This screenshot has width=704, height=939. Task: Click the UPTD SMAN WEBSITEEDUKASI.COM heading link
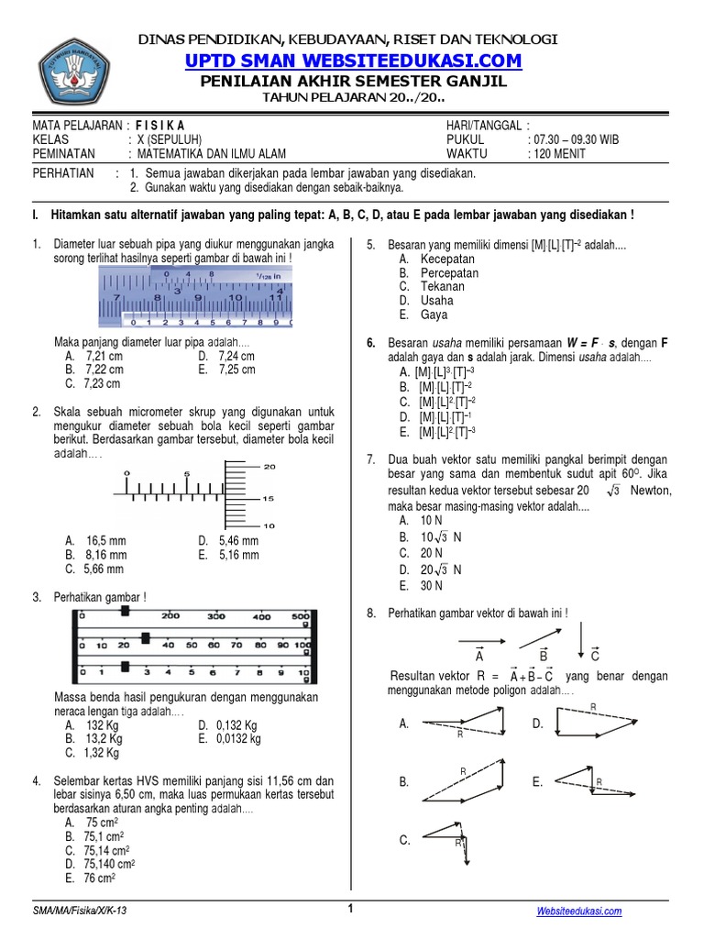[x=353, y=61]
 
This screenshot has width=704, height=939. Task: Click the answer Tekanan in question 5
[x=443, y=286]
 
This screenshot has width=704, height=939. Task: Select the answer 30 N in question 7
[x=432, y=585]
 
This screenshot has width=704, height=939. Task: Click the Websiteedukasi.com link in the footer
[x=578, y=911]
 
